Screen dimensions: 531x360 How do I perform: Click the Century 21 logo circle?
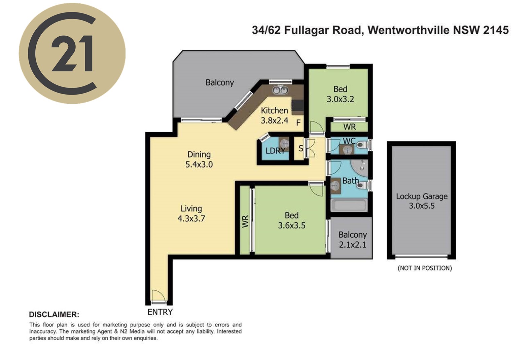click(x=72, y=53)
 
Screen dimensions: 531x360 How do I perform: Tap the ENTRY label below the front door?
click(x=160, y=312)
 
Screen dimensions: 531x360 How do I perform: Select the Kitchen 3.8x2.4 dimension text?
click(x=275, y=120)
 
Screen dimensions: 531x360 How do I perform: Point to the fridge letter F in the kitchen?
click(x=298, y=122)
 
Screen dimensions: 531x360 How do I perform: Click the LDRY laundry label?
click(x=275, y=151)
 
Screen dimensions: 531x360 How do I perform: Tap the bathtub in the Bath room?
click(x=349, y=205)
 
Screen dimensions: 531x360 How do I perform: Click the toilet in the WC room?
click(x=362, y=145)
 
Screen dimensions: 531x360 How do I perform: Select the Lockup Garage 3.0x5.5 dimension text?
click(x=422, y=206)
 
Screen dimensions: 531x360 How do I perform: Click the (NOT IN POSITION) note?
click(x=425, y=268)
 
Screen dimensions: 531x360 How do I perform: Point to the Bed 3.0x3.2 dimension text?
click(x=341, y=99)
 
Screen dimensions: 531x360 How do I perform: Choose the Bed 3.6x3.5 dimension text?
click(x=291, y=225)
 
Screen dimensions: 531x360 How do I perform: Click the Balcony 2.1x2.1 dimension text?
click(x=353, y=244)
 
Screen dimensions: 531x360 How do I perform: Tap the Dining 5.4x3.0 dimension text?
click(x=199, y=164)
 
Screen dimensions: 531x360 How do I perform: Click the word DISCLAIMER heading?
click(x=54, y=315)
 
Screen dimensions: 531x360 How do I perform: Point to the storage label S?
click(x=301, y=148)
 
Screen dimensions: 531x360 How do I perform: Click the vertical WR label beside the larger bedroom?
click(x=245, y=221)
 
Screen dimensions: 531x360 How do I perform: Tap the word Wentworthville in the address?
click(x=408, y=30)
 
